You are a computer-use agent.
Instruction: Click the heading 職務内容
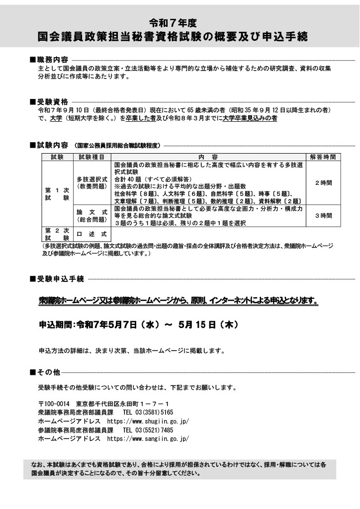tap(52, 60)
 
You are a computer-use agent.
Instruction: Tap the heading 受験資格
tap(52, 100)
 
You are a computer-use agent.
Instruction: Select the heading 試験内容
tap(52, 146)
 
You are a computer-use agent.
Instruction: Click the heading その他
tap(48, 372)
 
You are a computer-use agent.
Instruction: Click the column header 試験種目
tap(91, 157)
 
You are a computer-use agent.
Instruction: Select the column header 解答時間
tap(322, 157)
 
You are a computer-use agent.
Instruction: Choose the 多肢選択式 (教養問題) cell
tap(91, 182)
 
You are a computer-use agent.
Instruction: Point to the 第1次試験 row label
tap(57, 194)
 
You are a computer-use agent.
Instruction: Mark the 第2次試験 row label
tap(57, 234)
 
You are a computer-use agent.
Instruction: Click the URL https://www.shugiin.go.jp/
tap(148, 421)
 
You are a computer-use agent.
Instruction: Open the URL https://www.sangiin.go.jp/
tap(148, 439)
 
